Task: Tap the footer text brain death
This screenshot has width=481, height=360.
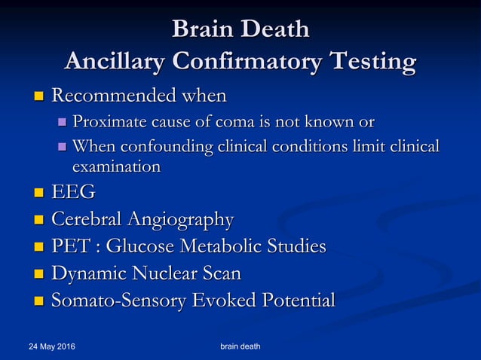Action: (x=240, y=347)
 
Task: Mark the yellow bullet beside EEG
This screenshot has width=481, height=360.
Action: (x=39, y=194)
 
